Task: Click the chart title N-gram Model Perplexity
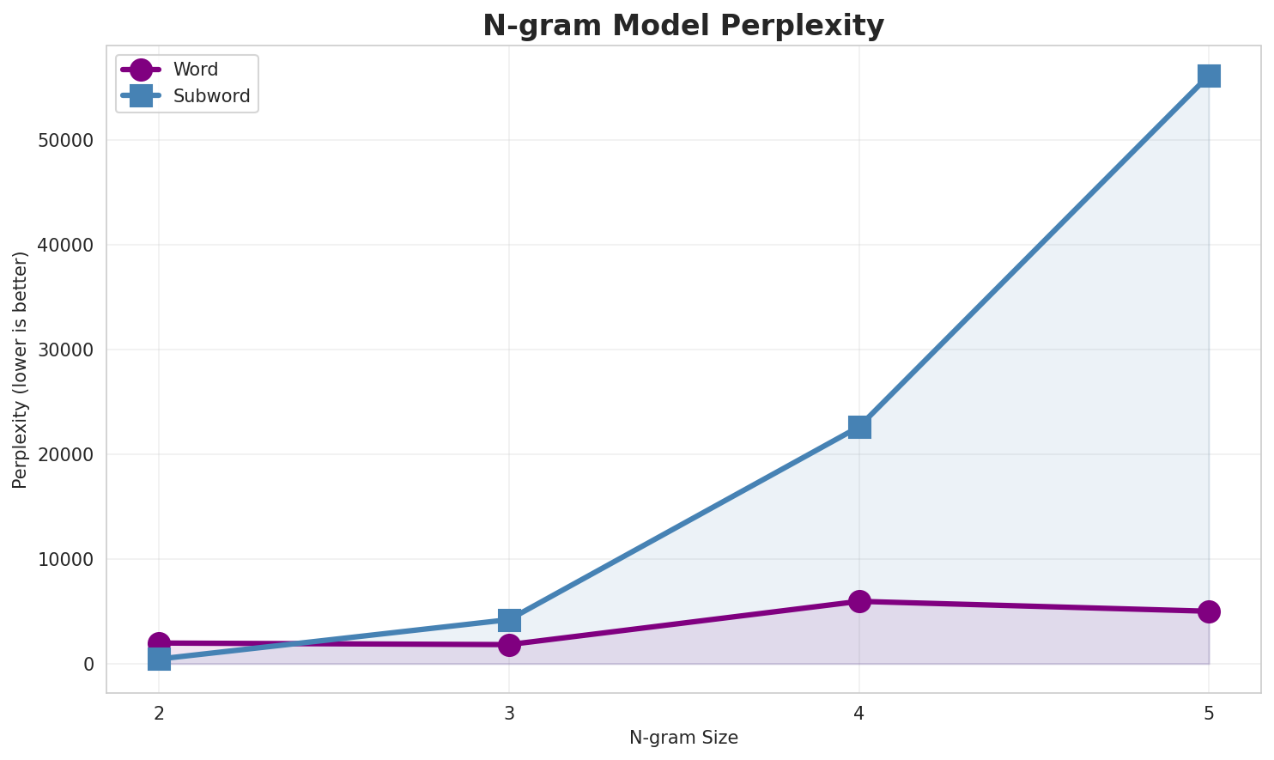click(x=682, y=25)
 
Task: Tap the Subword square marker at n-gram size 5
click(x=1209, y=76)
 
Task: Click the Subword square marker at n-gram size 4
click(x=859, y=427)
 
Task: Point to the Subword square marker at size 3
click(x=509, y=619)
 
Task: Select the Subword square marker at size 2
click(x=159, y=659)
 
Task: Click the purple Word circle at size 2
click(x=159, y=642)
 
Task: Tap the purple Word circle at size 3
click(x=509, y=645)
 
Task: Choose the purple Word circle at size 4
click(x=859, y=601)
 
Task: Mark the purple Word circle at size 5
click(x=1209, y=611)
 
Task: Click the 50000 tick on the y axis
click(x=66, y=141)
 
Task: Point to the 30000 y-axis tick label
click(x=66, y=350)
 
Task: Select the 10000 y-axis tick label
click(x=66, y=560)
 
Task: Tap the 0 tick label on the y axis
click(x=88, y=665)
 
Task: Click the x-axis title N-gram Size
click(x=683, y=738)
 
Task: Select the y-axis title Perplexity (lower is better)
click(x=21, y=369)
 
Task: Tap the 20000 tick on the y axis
click(x=66, y=455)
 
